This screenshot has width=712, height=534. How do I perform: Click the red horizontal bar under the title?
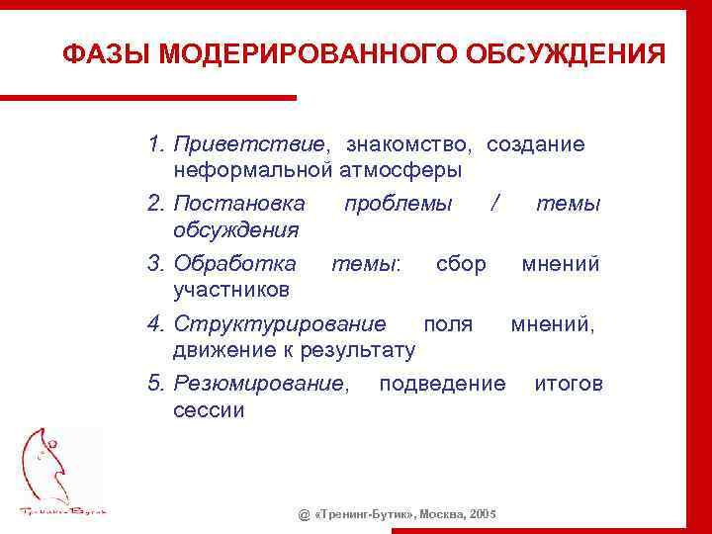(148, 97)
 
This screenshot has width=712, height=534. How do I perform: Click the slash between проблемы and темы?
(494, 204)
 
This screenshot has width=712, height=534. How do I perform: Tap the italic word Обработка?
(234, 264)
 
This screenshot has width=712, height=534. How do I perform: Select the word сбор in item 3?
(461, 264)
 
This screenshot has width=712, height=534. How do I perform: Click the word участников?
(231, 290)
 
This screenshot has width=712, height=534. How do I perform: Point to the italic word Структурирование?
(280, 324)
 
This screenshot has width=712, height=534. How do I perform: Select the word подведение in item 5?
(442, 384)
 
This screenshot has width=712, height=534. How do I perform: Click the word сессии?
(209, 409)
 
